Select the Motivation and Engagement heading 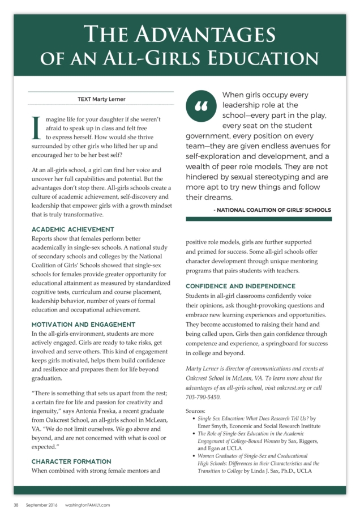click(83, 324)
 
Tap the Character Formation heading click(72, 462)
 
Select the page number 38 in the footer click(16, 505)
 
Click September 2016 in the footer click(41, 505)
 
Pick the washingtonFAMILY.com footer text click(87, 505)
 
